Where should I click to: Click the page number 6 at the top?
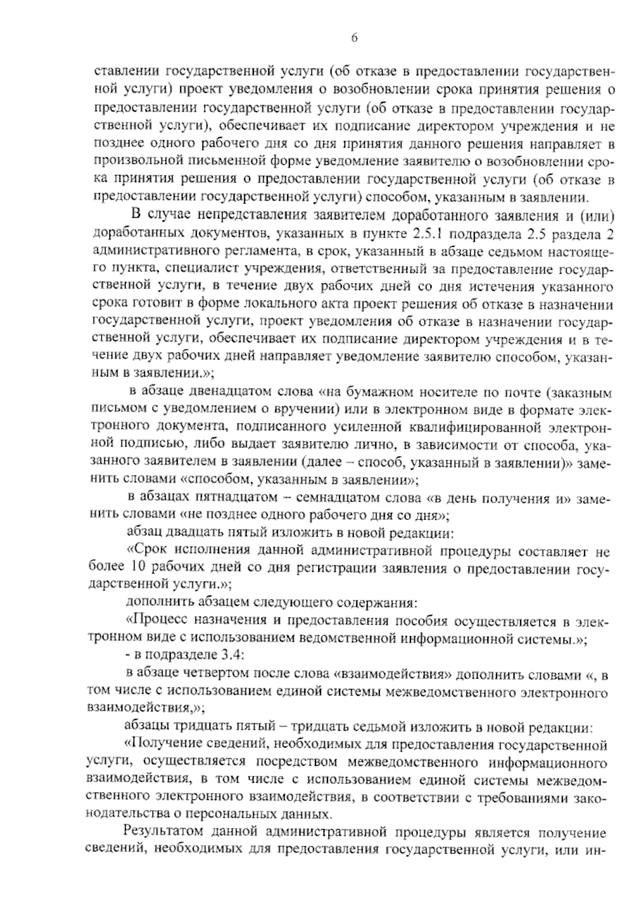354,38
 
